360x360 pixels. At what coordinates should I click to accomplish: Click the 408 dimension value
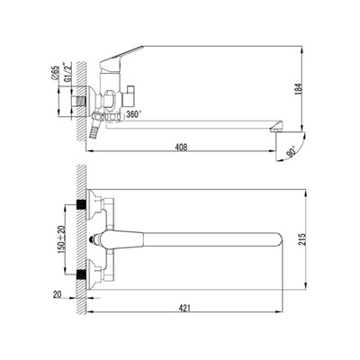click(182, 148)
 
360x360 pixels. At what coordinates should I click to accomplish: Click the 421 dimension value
click(184, 308)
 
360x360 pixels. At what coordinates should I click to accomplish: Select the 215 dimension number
click(303, 239)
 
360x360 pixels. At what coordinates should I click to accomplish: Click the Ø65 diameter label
click(55, 73)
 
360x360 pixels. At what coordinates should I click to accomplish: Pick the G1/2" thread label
click(67, 72)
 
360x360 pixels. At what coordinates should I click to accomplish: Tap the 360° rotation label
click(134, 114)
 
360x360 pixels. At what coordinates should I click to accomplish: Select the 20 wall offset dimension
click(58, 294)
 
